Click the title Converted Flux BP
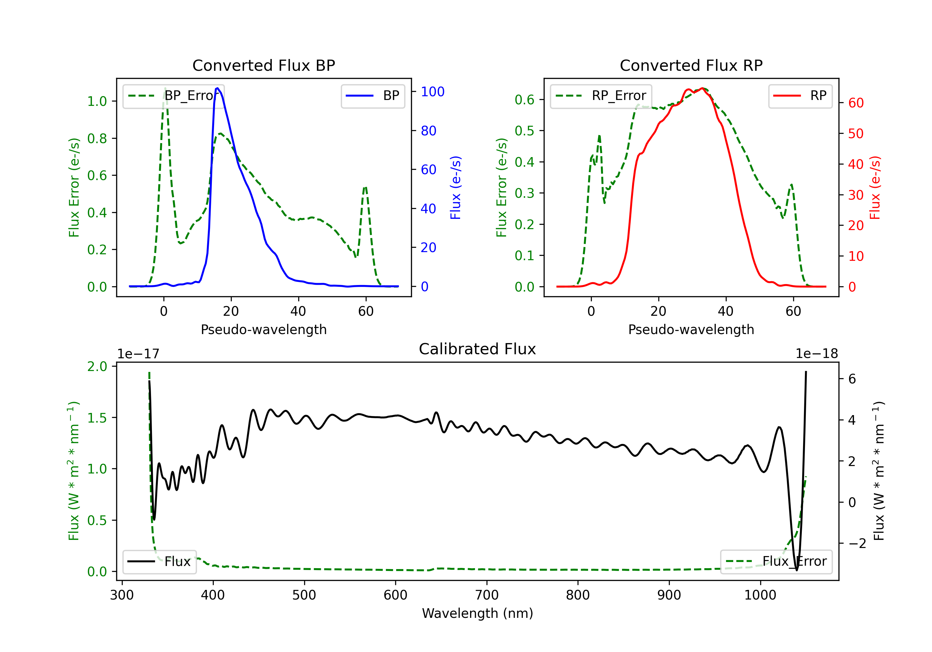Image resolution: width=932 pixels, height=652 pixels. pyautogui.click(x=263, y=65)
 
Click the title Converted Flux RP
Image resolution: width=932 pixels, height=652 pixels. pyautogui.click(x=691, y=65)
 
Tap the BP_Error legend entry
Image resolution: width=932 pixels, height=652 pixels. pyautogui.click(x=173, y=96)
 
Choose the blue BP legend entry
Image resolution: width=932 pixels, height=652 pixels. pyautogui.click(x=372, y=96)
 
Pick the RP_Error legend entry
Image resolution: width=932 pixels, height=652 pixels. pyautogui.click(x=601, y=96)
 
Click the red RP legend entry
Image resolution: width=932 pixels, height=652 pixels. pyautogui.click(x=800, y=96)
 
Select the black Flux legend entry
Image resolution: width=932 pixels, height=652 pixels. pyautogui.click(x=159, y=562)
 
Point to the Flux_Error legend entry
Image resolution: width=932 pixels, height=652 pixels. pyautogui.click(x=776, y=562)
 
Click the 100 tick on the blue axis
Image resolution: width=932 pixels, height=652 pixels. pyautogui.click(x=433, y=92)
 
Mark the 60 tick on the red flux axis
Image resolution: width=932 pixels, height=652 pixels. pyautogui.click(x=856, y=103)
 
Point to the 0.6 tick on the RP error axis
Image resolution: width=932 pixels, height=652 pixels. pyautogui.click(x=524, y=100)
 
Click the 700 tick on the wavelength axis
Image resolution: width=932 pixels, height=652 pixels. pyautogui.click(x=487, y=595)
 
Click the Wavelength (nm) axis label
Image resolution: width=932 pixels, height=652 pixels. pyautogui.click(x=477, y=613)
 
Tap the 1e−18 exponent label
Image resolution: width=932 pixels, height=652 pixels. pyautogui.click(x=816, y=354)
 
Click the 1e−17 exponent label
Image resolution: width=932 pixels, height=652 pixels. pyautogui.click(x=139, y=354)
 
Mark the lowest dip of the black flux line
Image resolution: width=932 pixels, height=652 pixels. pyautogui.click(x=797, y=570)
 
